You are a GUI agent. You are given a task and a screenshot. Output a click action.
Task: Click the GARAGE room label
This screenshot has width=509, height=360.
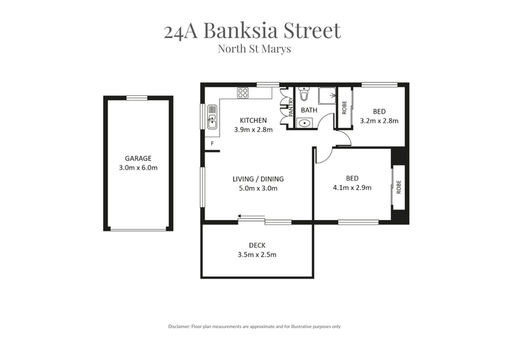coord(138,158)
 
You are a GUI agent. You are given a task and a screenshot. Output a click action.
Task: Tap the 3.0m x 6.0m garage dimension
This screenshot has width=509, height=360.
coord(138,168)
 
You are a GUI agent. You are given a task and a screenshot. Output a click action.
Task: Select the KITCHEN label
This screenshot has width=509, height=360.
coord(253,120)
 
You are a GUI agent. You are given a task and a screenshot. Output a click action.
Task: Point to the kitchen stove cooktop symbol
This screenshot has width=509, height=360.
coord(243,93)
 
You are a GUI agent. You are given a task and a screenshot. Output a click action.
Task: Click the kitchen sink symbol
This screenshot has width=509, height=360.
coord(212,117)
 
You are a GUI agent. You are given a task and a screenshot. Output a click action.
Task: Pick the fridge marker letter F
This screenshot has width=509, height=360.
coord(213,143)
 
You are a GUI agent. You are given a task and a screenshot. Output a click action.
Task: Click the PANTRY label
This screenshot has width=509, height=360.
coord(291,107)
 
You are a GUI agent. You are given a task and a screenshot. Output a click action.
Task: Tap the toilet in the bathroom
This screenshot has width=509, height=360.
coord(304,93)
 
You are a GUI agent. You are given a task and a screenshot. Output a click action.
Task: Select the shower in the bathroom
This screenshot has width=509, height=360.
coord(327,96)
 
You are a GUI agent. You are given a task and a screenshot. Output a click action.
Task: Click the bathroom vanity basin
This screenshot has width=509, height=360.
coord(305,123)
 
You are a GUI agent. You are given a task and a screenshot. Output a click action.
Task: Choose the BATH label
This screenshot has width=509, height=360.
coord(309,111)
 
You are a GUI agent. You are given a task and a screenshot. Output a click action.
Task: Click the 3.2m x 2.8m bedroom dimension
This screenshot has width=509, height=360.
coord(379,121)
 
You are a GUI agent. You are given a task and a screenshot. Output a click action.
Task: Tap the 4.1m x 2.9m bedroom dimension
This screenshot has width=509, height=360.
coord(352,188)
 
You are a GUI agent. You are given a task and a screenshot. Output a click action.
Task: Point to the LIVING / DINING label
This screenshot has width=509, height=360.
coord(258,179)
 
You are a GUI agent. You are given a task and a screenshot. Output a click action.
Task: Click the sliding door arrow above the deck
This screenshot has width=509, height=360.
coord(251,216)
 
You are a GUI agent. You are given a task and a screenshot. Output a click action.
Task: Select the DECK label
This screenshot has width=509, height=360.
coord(257,246)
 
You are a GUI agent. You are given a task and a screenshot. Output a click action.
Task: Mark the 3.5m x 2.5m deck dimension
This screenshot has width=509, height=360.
coord(257,255)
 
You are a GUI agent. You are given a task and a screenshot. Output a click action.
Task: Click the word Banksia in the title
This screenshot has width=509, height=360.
coord(241,31)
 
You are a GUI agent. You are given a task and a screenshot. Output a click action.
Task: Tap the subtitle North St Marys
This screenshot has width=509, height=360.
coord(254,49)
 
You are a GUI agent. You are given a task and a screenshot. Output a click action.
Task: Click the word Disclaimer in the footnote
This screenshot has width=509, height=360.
coord(179,326)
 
